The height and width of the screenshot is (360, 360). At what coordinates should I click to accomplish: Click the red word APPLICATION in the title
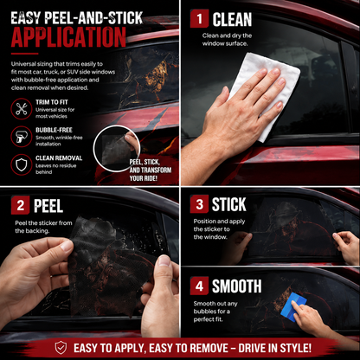(x=68, y=37)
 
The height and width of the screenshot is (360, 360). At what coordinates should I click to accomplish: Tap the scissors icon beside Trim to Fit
(x=22, y=109)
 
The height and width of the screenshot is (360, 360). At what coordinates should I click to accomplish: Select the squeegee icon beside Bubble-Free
(x=22, y=137)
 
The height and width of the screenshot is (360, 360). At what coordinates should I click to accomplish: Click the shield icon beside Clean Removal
(x=22, y=164)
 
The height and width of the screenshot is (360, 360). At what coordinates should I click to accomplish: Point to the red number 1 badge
(x=199, y=19)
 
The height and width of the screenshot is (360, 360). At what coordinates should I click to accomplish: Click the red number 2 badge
(x=20, y=205)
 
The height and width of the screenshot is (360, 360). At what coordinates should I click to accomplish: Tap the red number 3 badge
(x=199, y=204)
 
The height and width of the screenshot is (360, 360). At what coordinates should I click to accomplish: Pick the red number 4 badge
(x=199, y=286)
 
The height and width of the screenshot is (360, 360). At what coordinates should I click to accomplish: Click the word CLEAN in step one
(x=232, y=19)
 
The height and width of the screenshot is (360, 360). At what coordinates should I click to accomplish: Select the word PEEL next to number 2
(x=48, y=206)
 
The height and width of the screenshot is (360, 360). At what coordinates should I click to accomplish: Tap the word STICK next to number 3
(x=229, y=204)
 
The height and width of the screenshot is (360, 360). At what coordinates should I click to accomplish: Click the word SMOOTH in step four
(x=237, y=286)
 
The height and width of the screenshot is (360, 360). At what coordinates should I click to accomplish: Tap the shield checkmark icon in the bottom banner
(x=61, y=348)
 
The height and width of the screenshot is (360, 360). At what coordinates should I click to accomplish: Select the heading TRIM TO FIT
(x=52, y=102)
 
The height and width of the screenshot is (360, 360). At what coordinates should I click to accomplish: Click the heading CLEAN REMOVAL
(x=59, y=158)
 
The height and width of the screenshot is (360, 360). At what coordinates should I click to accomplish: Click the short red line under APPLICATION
(x=24, y=54)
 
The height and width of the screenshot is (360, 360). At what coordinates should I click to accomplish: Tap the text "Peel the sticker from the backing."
(x=43, y=227)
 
